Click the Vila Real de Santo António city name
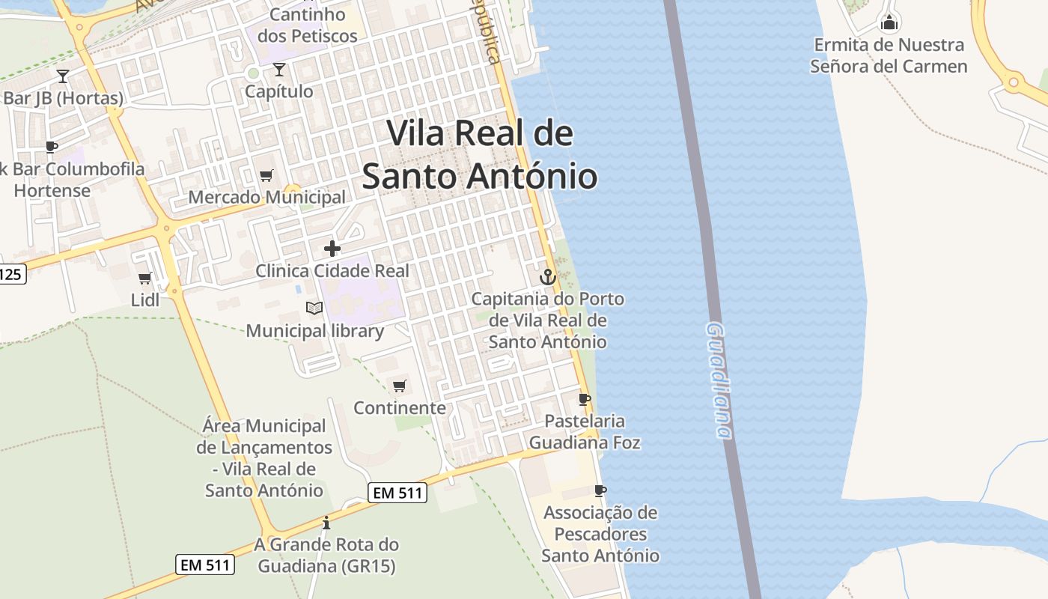[480, 155]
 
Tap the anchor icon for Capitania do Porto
[548, 277]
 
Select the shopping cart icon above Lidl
[145, 278]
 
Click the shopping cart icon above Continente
[400, 386]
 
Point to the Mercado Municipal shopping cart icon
[266, 176]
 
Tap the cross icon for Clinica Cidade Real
[332, 249]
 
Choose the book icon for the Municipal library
[314, 308]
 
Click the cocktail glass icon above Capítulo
[279, 70]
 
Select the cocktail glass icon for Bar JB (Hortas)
[63, 76]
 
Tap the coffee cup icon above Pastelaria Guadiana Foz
[585, 399]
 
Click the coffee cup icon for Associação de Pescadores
[600, 490]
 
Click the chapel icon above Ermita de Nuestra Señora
[889, 22]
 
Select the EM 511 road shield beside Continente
[397, 493]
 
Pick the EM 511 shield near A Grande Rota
[206, 565]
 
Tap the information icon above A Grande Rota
[326, 523]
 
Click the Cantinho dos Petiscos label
[307, 25]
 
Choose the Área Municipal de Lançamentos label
[264, 458]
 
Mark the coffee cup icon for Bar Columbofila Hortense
[51, 147]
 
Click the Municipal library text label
[315, 331]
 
